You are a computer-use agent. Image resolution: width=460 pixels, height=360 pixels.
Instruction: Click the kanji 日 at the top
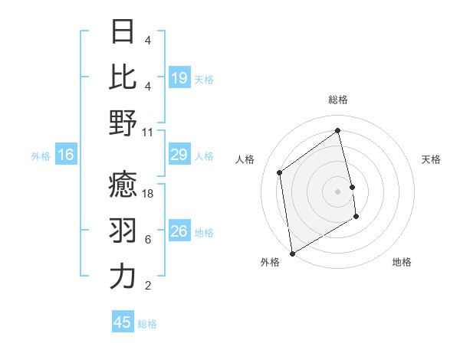point(123,31)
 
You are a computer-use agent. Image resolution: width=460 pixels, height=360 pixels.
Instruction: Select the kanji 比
point(123,77)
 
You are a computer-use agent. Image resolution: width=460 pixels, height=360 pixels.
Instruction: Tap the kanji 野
point(123,123)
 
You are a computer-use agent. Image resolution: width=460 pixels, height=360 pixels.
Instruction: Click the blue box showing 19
point(179,77)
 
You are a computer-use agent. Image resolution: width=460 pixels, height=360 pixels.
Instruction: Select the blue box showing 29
point(179,155)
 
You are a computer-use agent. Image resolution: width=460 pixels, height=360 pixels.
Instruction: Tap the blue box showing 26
point(179,231)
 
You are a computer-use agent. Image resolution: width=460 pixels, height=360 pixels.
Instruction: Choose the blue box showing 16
point(66,155)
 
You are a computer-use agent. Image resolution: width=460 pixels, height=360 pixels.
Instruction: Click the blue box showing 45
point(123,322)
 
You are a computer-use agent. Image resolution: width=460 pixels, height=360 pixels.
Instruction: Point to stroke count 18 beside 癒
point(148,195)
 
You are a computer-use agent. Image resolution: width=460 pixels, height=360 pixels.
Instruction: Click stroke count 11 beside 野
point(148,132)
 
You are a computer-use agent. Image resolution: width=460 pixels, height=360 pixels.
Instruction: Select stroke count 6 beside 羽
point(148,240)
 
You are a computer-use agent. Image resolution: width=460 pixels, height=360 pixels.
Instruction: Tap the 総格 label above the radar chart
point(338,100)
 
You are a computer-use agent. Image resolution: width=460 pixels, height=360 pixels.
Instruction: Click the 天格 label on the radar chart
point(431,159)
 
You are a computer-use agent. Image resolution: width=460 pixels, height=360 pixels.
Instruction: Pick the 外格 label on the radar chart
point(270,262)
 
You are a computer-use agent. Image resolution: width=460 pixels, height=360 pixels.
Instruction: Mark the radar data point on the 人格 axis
point(280,172)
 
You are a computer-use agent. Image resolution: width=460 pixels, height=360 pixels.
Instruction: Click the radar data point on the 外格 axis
point(292,253)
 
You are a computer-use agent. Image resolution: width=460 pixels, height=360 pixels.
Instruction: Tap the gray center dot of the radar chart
point(338,191)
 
